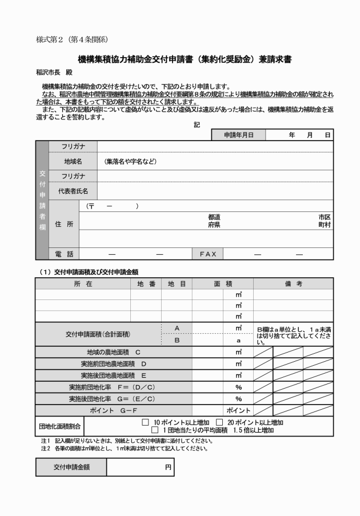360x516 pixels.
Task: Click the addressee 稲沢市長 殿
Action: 55,73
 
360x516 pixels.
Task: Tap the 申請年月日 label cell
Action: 238,135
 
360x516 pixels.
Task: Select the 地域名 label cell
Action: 73,161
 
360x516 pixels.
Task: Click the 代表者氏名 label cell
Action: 73,190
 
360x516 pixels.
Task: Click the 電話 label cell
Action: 64,254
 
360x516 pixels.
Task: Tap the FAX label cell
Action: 207,254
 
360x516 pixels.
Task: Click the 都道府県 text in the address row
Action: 214,221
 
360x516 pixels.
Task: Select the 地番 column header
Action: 146,283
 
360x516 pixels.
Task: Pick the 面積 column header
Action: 223,283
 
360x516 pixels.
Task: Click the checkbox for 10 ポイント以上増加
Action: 145,422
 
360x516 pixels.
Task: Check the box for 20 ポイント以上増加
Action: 219,422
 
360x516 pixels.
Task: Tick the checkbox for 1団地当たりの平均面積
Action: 155,430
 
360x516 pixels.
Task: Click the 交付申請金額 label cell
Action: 71,467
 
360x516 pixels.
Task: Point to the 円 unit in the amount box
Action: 168,467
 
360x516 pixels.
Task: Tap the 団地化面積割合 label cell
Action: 60,426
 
